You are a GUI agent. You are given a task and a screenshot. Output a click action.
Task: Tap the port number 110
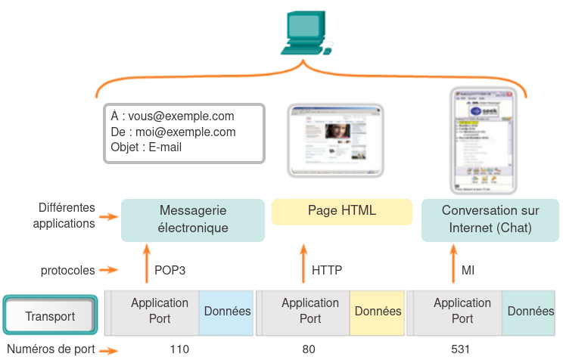pyautogui.click(x=179, y=349)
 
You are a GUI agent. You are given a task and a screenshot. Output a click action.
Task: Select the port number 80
pyautogui.click(x=308, y=349)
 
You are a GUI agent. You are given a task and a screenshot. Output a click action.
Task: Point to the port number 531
pyautogui.click(x=460, y=349)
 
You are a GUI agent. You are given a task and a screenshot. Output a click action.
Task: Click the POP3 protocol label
pyautogui.click(x=170, y=270)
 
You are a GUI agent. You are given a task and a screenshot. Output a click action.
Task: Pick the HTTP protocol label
pyautogui.click(x=327, y=270)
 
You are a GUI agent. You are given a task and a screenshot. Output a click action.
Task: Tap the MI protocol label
pyautogui.click(x=468, y=270)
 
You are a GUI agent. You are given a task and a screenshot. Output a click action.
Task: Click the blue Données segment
pyautogui.click(x=226, y=312)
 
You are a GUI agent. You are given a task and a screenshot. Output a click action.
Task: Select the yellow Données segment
pyautogui.click(x=378, y=312)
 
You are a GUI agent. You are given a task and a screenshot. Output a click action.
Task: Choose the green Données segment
pyautogui.click(x=530, y=312)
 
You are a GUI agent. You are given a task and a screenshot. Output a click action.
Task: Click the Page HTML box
pyautogui.click(x=342, y=211)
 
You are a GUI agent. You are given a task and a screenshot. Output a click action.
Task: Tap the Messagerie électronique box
pyautogui.click(x=193, y=219)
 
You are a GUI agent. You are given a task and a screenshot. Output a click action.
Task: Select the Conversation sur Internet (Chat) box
pyautogui.click(x=490, y=219)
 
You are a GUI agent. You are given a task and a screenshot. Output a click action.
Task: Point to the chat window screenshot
pyautogui.click(x=482, y=141)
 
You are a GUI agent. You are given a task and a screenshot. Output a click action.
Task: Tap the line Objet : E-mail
pyautogui.click(x=146, y=148)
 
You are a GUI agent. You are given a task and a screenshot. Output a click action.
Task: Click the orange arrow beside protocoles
pyautogui.click(x=110, y=270)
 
